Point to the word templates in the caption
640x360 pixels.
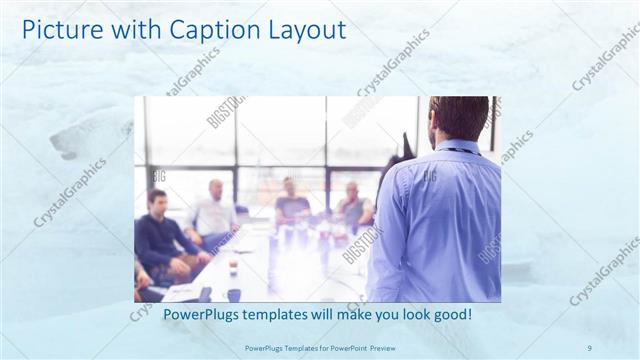pos(289,315)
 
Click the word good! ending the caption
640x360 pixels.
pos(451,315)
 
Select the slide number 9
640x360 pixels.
pos(589,347)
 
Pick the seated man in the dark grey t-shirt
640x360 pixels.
pos(291,205)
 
